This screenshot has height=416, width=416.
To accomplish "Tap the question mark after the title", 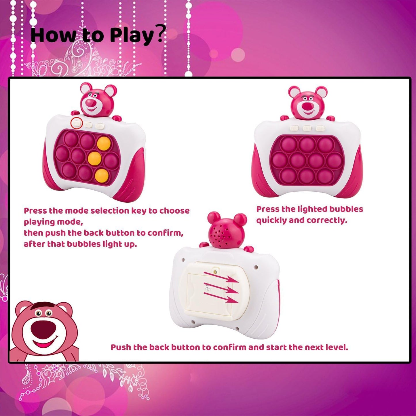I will [x=162, y=33].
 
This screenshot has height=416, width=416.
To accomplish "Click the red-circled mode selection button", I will [x=77, y=123].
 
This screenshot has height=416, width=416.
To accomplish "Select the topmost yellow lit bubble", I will [x=104, y=143].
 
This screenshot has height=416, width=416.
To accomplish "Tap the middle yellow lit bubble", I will [x=94, y=158].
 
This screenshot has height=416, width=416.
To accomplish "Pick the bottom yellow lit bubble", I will [x=102, y=175].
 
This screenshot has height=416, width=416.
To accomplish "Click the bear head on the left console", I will [x=96, y=99].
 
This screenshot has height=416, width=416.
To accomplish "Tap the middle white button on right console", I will [x=307, y=128].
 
